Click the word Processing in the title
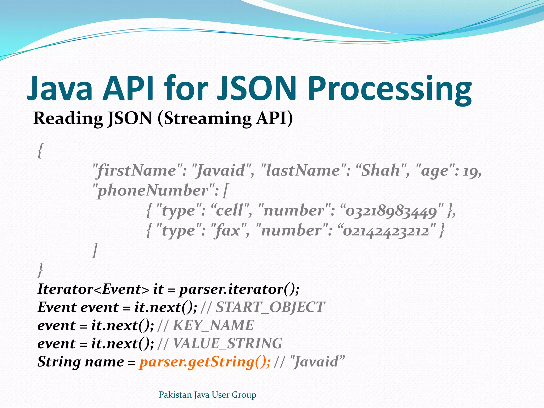[x=390, y=89]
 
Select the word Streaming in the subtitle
[x=207, y=118]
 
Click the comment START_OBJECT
[x=270, y=307]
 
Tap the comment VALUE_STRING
[x=227, y=343]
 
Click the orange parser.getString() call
[x=205, y=362]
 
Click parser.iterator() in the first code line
[x=239, y=289]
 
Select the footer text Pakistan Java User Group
[x=207, y=395]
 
